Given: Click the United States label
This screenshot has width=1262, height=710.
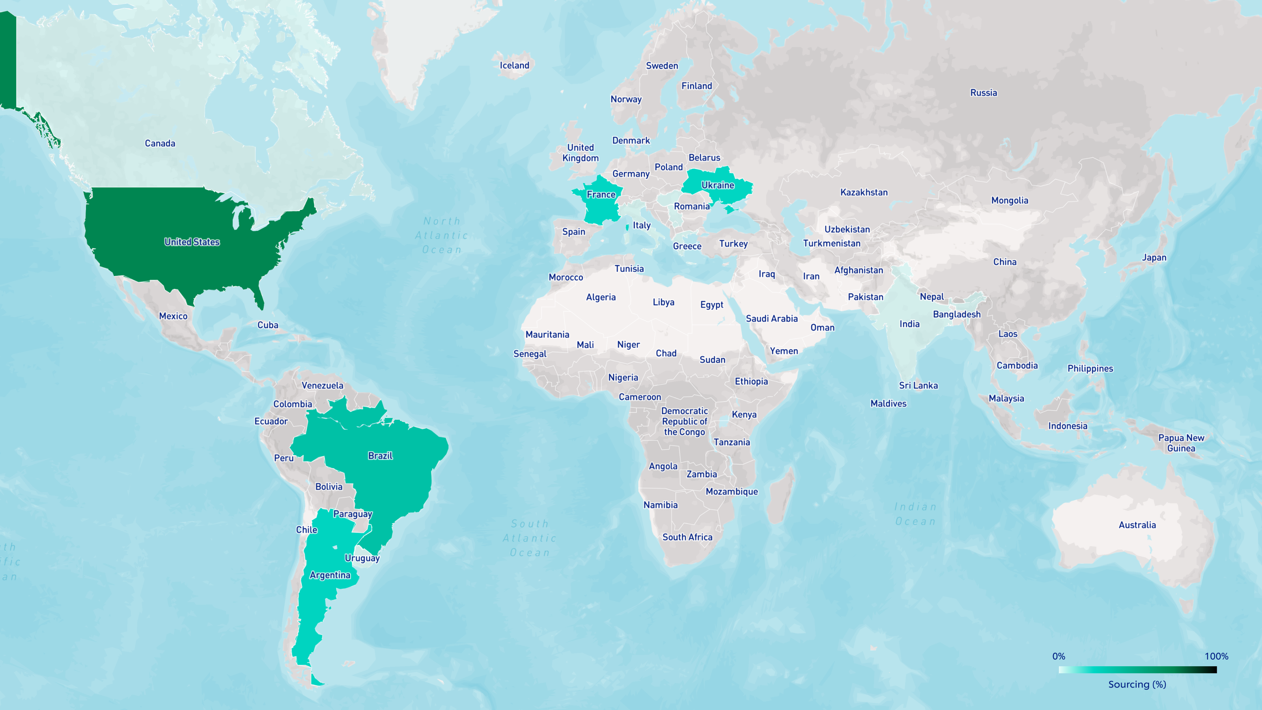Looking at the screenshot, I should [192, 241].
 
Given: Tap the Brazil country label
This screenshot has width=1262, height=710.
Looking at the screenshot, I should [380, 456].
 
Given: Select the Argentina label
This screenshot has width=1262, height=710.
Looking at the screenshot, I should [330, 575].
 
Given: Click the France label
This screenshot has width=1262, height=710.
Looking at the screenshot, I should [601, 194].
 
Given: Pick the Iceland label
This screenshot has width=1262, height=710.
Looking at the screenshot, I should [514, 65].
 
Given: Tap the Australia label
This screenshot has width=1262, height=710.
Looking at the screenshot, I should [1137, 525].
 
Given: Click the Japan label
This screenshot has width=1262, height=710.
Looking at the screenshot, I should [1154, 257].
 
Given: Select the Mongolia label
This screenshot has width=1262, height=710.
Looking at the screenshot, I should [1010, 200].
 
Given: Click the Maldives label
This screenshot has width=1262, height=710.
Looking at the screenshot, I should [888, 403].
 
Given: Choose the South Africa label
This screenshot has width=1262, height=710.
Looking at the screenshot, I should [687, 537].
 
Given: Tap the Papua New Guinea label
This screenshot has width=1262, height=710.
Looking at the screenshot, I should [1181, 443].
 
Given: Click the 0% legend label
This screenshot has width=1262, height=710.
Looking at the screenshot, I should [1059, 656].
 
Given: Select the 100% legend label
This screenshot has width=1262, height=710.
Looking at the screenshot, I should [1216, 656].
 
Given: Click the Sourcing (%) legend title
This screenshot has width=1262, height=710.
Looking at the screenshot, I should [1137, 684].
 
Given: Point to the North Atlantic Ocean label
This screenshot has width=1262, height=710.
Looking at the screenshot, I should [442, 235].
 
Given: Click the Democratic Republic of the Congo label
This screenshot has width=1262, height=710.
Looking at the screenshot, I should [684, 421].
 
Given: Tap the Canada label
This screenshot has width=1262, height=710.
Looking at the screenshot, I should [160, 143].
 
